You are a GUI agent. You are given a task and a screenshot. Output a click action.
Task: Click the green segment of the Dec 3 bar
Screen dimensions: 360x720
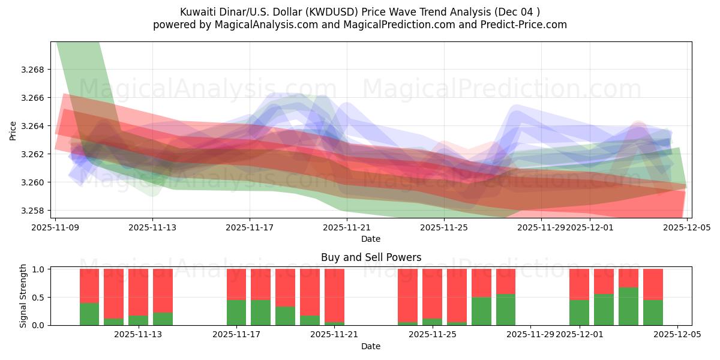point(628,306)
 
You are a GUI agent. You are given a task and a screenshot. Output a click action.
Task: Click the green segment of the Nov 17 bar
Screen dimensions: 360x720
point(236,313)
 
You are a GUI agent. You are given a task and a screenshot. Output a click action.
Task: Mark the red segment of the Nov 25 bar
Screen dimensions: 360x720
point(432,293)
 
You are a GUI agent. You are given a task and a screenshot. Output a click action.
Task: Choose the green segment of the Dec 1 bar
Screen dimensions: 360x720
point(579,313)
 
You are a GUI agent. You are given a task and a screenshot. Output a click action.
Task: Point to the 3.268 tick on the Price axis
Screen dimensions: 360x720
point(37,70)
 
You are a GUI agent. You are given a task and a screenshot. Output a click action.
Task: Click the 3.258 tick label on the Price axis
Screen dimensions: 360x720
point(37,211)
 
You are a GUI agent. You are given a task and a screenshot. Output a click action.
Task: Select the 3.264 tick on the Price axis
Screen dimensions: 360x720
point(37,126)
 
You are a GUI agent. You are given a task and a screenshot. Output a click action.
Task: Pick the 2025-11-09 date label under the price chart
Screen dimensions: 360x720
point(55,228)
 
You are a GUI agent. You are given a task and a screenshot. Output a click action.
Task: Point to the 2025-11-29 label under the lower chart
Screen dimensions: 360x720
point(530,335)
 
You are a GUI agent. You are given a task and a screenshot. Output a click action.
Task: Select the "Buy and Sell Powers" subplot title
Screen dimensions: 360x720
point(371,257)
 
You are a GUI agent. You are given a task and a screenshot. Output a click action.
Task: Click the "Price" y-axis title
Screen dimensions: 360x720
point(13,130)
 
